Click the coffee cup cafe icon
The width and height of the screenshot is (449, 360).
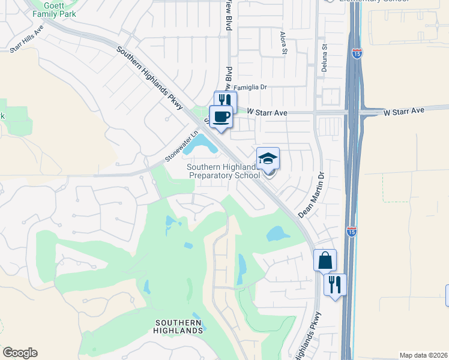[221, 116]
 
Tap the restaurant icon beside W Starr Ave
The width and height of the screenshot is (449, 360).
[226, 100]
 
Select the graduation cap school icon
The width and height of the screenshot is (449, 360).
[268, 158]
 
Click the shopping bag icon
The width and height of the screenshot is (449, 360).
[325, 260]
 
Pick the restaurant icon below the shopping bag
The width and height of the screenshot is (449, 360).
[335, 284]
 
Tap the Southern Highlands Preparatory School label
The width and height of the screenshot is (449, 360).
[224, 171]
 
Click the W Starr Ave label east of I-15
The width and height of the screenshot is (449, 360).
[403, 111]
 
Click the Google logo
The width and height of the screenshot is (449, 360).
[20, 353]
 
